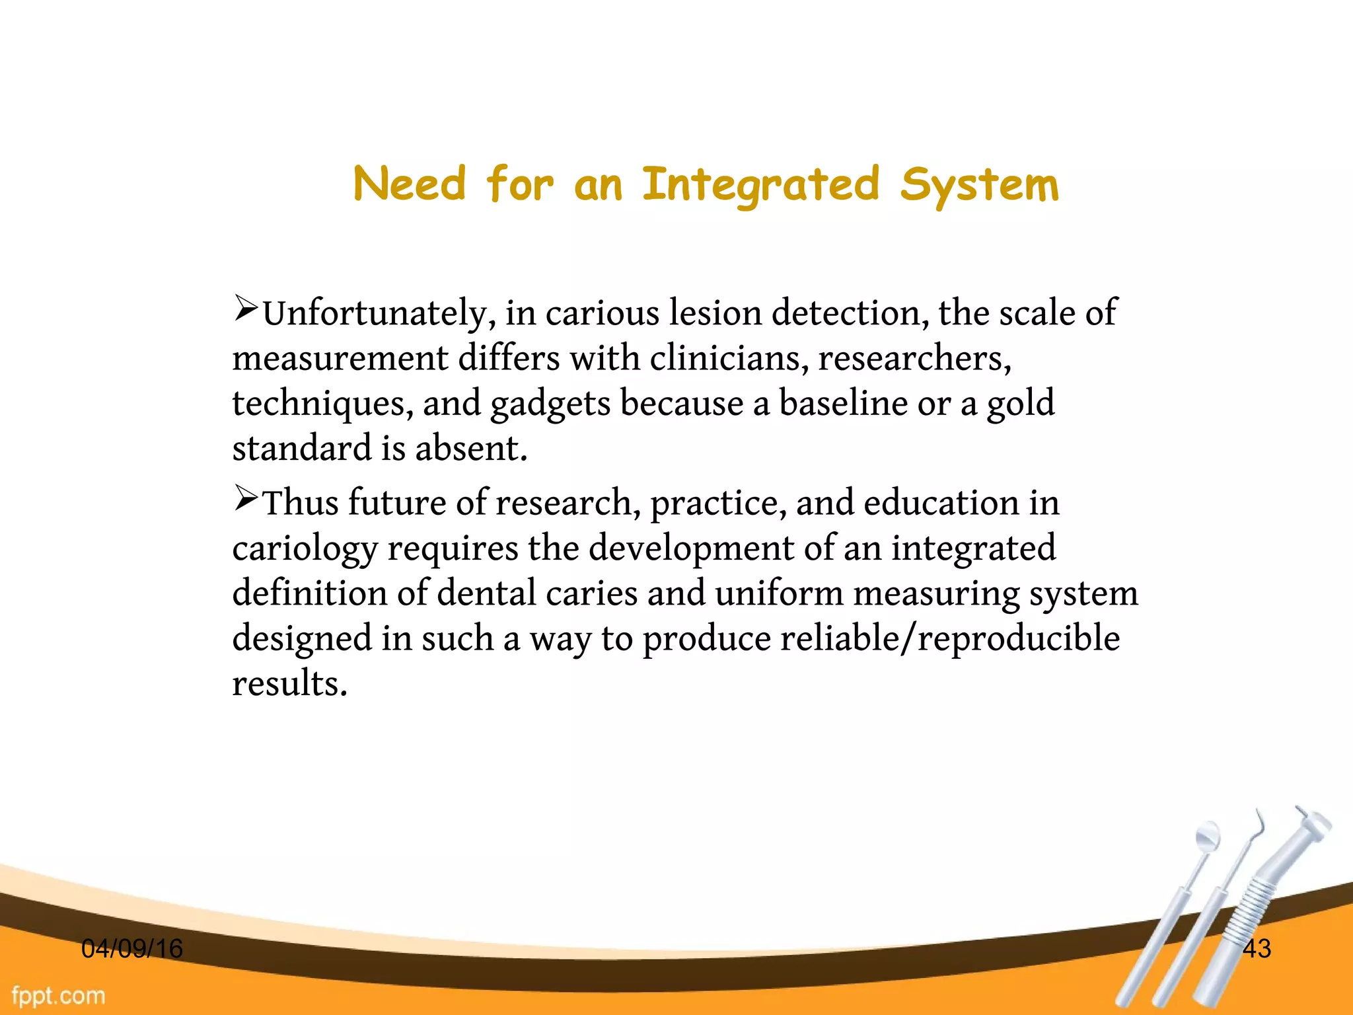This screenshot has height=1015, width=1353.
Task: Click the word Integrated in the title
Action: click(x=760, y=184)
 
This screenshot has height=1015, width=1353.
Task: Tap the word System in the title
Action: click(x=979, y=184)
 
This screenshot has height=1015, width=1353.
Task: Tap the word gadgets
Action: click(x=550, y=404)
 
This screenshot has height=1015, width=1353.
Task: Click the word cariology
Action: click(x=305, y=548)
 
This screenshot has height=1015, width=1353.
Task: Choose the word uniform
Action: click(x=779, y=593)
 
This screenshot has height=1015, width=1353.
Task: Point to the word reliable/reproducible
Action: click(x=881, y=639)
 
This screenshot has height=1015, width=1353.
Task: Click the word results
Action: click(x=289, y=683)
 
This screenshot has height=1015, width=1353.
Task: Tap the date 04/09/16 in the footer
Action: click(x=131, y=949)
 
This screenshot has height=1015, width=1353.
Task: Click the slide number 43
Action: click(x=1257, y=949)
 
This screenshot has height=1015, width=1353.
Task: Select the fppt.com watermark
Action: click(x=58, y=995)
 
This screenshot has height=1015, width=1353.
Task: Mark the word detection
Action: click(x=850, y=313)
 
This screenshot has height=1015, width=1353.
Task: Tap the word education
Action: click(x=941, y=503)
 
